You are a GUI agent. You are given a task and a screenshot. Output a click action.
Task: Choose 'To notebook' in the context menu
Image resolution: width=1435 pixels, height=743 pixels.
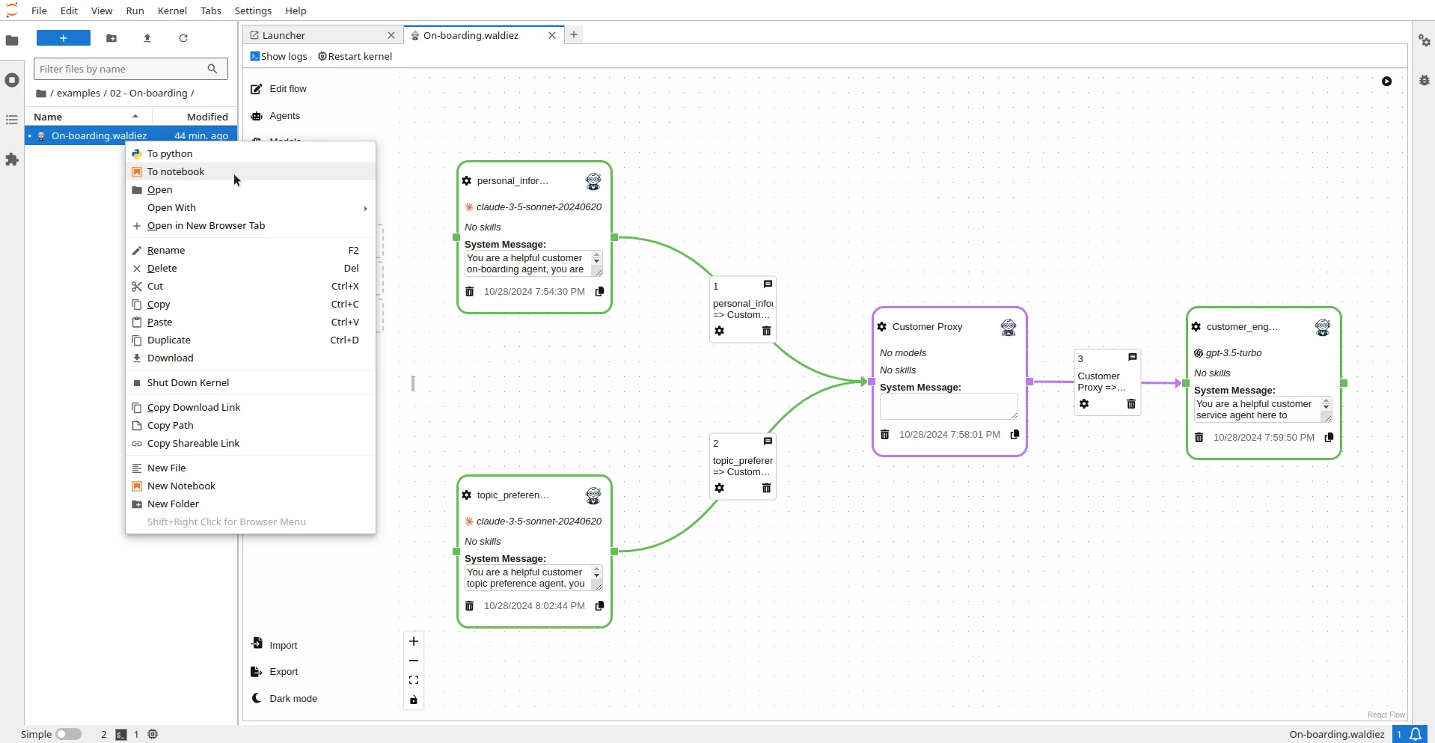pyautogui.click(x=176, y=172)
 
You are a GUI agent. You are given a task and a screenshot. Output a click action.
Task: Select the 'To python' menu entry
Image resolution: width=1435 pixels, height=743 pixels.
pyautogui.click(x=170, y=154)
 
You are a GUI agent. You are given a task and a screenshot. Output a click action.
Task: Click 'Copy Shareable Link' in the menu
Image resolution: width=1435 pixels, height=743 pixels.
pyautogui.click(x=193, y=444)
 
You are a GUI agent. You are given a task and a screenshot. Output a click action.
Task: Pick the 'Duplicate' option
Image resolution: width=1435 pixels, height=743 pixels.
pyautogui.click(x=169, y=340)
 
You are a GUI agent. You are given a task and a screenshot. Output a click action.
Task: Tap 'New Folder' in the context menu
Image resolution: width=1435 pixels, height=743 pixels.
pyautogui.click(x=173, y=504)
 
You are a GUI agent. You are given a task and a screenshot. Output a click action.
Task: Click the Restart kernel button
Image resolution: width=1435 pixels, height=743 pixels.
pyautogui.click(x=355, y=57)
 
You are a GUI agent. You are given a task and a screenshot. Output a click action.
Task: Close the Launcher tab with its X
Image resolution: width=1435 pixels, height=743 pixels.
pyautogui.click(x=391, y=35)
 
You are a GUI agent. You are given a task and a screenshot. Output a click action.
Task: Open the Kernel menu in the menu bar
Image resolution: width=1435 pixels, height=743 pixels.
pyautogui.click(x=172, y=10)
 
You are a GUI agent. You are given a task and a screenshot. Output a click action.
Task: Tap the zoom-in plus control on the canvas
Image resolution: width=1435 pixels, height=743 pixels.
pyautogui.click(x=414, y=641)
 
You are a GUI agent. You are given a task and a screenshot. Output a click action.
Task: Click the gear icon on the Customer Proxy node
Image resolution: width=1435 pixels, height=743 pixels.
pyautogui.click(x=882, y=327)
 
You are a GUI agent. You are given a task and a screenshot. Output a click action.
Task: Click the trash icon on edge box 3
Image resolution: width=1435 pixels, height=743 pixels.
pyautogui.click(x=1131, y=404)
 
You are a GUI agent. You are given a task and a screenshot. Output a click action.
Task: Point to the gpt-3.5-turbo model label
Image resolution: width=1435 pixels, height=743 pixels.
pyautogui.click(x=1233, y=353)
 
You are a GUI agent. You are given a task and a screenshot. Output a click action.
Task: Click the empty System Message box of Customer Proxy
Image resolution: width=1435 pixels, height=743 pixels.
pyautogui.click(x=948, y=406)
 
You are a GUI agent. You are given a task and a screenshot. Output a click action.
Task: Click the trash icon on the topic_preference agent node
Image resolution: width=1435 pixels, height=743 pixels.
pyautogui.click(x=470, y=606)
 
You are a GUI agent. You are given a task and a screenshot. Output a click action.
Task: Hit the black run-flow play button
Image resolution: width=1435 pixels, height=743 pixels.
pyautogui.click(x=1386, y=82)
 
